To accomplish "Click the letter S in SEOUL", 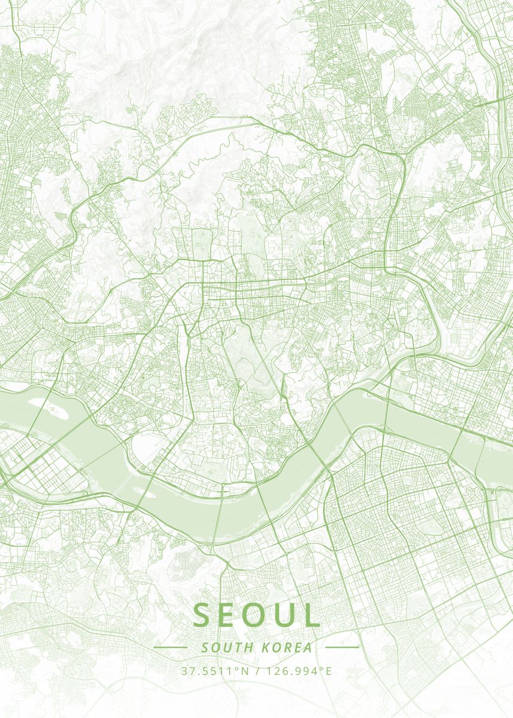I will (202, 615).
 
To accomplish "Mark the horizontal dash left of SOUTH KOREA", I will (171, 647).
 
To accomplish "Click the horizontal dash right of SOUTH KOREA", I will (342, 647).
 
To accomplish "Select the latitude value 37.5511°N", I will (215, 671).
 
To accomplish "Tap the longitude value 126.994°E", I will (298, 671).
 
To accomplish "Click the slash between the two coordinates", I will (257, 671).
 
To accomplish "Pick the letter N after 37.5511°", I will (244, 671).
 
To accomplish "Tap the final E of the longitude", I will (328, 671).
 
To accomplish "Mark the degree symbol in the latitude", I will (237, 668).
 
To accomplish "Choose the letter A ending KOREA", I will (308, 647).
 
